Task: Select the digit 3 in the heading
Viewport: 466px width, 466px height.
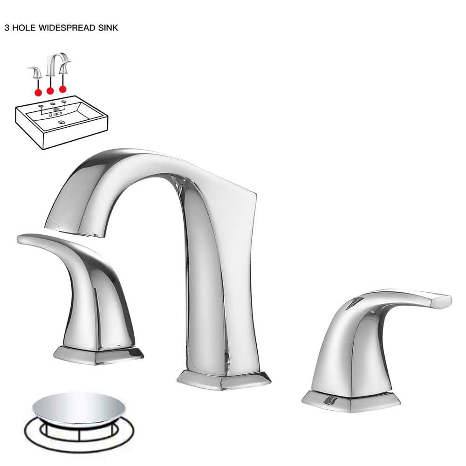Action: click(x=7, y=27)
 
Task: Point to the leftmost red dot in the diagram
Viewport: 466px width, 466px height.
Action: click(x=38, y=93)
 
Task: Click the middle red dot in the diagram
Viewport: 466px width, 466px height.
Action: click(x=50, y=91)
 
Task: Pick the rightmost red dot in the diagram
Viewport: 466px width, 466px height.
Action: click(x=62, y=89)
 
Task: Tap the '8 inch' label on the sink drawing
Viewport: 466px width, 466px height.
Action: click(x=55, y=114)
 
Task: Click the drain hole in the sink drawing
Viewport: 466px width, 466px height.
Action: click(x=62, y=122)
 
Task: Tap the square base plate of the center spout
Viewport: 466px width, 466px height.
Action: click(x=224, y=380)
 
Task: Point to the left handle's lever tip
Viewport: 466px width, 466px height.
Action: click(x=21, y=239)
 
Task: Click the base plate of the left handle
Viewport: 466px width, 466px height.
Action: click(x=98, y=355)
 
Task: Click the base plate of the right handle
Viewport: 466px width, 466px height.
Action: click(x=351, y=401)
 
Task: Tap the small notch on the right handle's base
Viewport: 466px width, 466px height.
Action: click(x=329, y=401)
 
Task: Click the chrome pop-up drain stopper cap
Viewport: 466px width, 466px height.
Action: click(x=78, y=407)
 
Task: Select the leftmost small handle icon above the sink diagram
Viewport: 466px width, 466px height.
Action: click(x=36, y=73)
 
